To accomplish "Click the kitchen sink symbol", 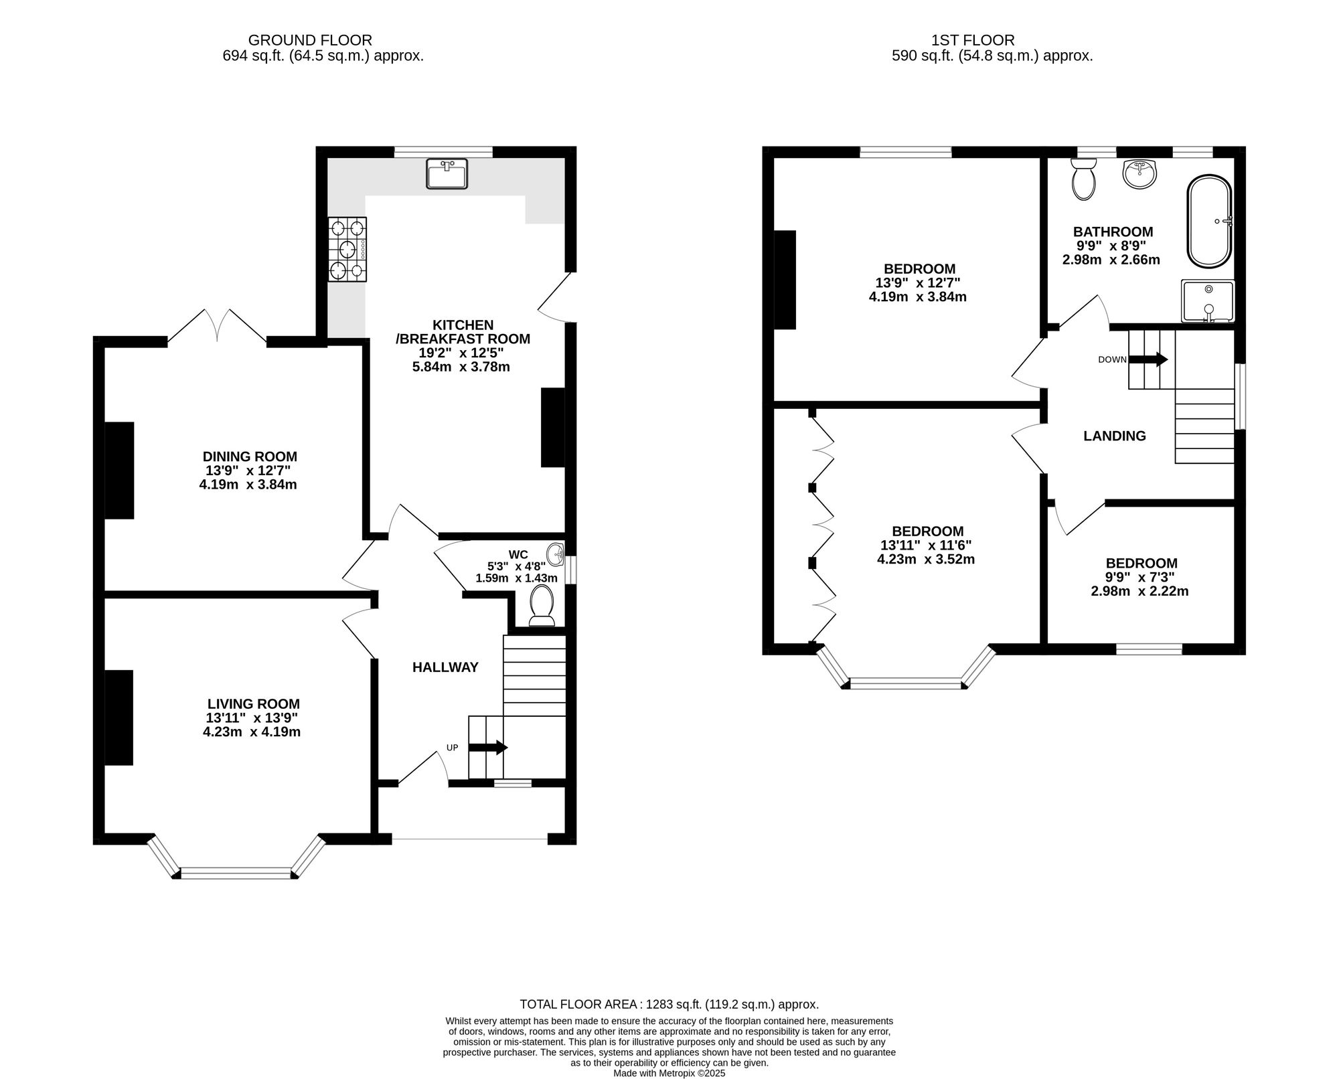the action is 447,174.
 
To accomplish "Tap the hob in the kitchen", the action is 347,250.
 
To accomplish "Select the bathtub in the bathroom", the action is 1209,222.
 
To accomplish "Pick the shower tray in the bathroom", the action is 1208,301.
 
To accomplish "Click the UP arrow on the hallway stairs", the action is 488,748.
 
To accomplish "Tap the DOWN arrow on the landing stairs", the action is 1148,359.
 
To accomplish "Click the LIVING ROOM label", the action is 254,703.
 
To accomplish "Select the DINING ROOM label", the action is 250,456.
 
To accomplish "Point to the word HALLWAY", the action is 445,667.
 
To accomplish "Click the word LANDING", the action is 1115,436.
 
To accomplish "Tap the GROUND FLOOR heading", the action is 310,40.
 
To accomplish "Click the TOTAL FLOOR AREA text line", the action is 669,1004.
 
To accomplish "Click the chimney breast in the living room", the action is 119,717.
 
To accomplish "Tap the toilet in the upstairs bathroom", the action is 1083,179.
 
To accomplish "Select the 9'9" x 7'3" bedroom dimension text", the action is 1140,577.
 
